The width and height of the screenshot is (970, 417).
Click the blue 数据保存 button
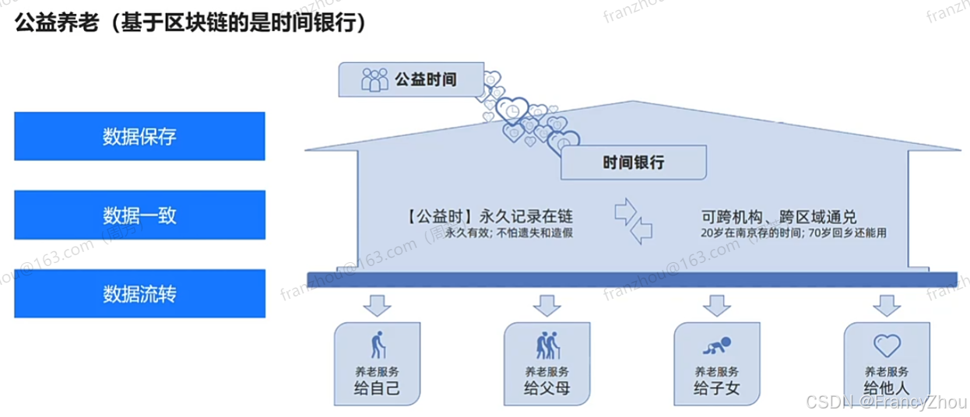click(x=139, y=136)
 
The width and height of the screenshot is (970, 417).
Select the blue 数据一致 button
click(x=139, y=214)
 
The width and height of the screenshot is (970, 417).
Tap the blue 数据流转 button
click(x=139, y=294)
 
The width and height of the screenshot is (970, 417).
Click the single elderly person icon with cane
click(x=378, y=345)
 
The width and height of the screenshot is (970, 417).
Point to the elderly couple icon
click(x=547, y=345)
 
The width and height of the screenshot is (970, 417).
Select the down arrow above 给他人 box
click(x=886, y=306)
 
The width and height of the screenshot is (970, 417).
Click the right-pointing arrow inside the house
click(x=627, y=211)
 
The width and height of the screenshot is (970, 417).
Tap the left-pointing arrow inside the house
click(x=641, y=230)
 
